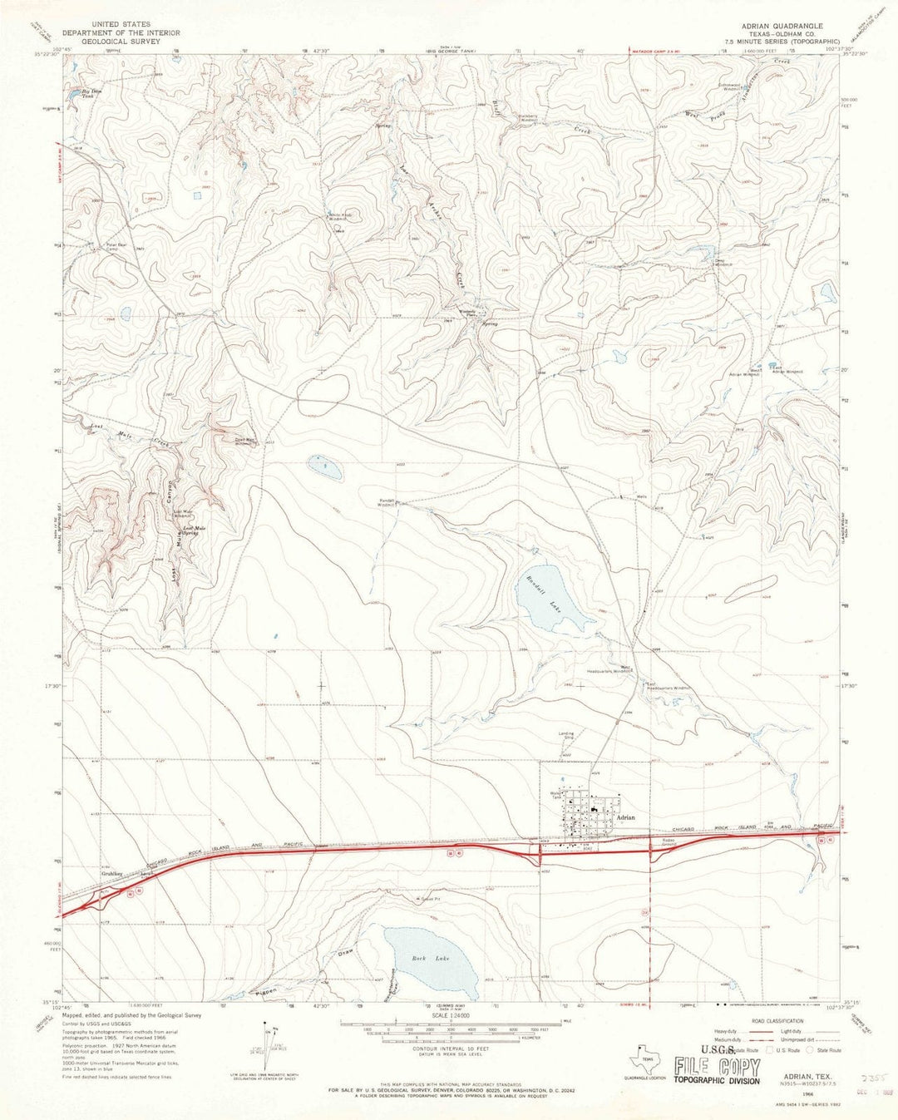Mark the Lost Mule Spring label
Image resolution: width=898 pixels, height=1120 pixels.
tap(193, 530)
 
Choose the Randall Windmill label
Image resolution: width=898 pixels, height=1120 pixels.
tap(386, 502)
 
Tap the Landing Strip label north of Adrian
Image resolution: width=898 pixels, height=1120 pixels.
tap(565, 735)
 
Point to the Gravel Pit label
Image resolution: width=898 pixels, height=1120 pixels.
tap(425, 900)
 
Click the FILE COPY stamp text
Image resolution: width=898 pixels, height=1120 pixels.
tap(716, 1067)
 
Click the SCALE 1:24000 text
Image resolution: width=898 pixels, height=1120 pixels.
tap(448, 1015)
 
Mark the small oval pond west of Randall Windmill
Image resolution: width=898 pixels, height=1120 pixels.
tap(324, 467)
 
